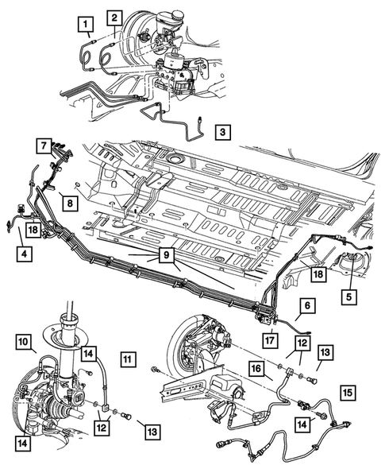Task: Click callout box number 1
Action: (86, 24)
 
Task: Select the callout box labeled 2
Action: (114, 17)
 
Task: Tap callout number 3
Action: (222, 132)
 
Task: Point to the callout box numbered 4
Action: (24, 254)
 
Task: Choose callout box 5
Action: (349, 297)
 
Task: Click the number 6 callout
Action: (308, 305)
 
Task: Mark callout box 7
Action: (44, 145)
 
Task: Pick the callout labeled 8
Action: (70, 203)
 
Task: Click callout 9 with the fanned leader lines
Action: (167, 255)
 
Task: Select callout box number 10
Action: (24, 342)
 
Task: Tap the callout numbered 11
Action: (129, 359)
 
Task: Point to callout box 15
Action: (348, 392)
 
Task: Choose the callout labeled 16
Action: (257, 368)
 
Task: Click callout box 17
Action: (270, 340)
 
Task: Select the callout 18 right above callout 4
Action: (33, 230)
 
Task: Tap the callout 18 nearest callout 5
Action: (318, 273)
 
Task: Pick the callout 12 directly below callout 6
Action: (302, 343)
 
